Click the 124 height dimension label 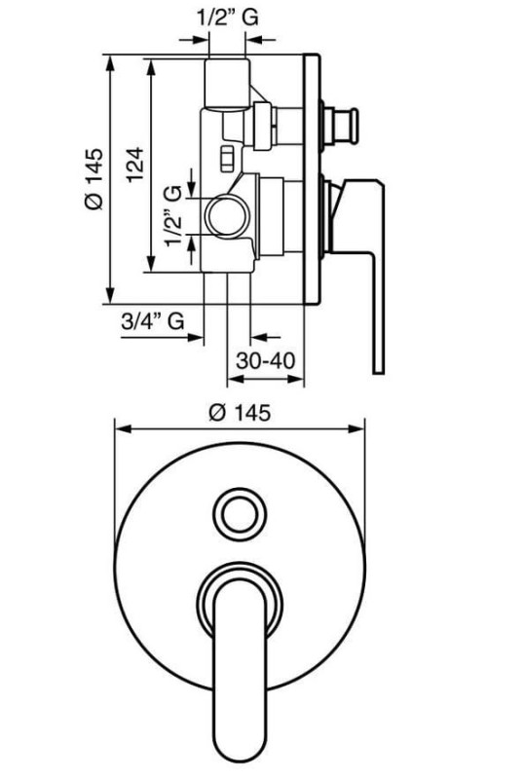134,165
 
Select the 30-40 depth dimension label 266,360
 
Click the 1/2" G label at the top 227,18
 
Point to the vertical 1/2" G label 173,215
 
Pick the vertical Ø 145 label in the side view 94,179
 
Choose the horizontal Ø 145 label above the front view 240,412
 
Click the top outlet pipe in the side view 228,83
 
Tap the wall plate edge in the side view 312,178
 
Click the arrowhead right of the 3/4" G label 196,338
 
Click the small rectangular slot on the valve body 227,159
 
